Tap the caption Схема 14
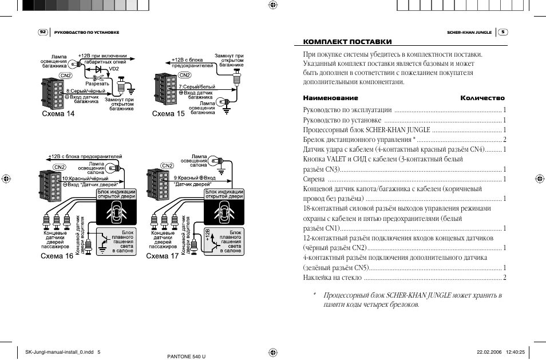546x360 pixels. (x=58, y=113)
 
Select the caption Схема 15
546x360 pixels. (x=168, y=113)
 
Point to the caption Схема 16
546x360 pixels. (x=57, y=256)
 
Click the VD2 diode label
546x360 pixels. (x=114, y=69)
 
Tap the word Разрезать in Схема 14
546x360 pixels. (x=97, y=84)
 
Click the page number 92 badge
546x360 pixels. (x=42, y=32)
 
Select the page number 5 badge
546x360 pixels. (x=503, y=32)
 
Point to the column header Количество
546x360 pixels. (x=482, y=98)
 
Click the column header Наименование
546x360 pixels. (x=327, y=98)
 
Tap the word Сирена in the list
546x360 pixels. (x=313, y=179)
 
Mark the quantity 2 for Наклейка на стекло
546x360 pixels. (x=504, y=278)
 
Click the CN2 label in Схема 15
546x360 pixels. (x=185, y=74)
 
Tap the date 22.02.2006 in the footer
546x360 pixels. (x=489, y=353)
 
